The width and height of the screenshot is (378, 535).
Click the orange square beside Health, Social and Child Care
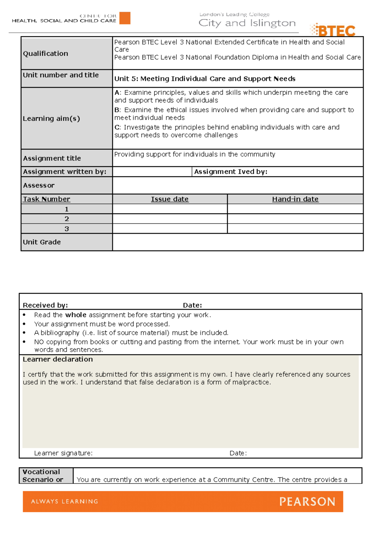pyautogui.click(x=125, y=18)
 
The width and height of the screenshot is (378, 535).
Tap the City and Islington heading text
pyautogui.click(x=247, y=23)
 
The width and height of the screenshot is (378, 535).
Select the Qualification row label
pyautogui.click(x=45, y=54)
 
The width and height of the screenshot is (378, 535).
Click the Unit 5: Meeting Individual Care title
pyautogui.click(x=205, y=79)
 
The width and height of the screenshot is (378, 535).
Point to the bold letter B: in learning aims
pyautogui.click(x=117, y=110)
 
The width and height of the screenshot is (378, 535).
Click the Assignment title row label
pyautogui.click(x=52, y=158)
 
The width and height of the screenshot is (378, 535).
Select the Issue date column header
pyautogui.click(x=169, y=199)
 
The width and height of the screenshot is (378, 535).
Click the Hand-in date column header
pyautogui.click(x=295, y=199)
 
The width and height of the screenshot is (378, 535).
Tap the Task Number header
pyautogui.click(x=46, y=199)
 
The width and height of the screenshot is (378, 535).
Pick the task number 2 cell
pyautogui.click(x=66, y=219)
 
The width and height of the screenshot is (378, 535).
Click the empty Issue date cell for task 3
pyautogui.click(x=169, y=229)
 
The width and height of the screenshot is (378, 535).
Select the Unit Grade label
pyautogui.click(x=42, y=242)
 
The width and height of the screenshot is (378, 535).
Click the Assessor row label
pyautogui.click(x=39, y=185)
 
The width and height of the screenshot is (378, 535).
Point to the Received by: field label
pyautogui.click(x=45, y=305)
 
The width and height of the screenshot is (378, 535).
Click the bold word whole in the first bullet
pyautogui.click(x=76, y=315)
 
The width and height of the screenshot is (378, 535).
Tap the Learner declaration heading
pyautogui.click(x=58, y=359)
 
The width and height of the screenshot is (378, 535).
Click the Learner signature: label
pyautogui.click(x=63, y=453)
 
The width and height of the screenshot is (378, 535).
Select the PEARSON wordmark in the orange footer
pyautogui.click(x=307, y=502)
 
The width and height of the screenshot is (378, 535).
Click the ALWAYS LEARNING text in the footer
pyautogui.click(x=65, y=501)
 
